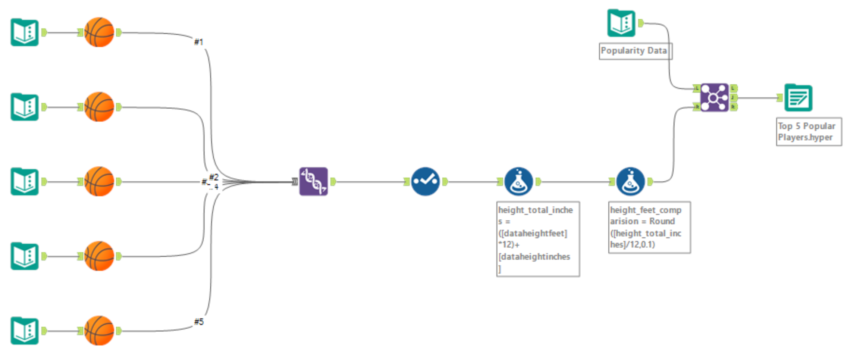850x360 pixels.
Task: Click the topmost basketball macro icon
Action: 99,32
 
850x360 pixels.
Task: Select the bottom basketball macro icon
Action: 99,331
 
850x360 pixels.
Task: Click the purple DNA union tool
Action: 313,181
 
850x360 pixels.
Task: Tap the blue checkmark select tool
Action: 425,181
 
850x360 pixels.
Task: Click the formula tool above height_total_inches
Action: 518,181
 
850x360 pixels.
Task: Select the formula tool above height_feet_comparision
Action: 630,181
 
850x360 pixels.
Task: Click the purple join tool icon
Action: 714,97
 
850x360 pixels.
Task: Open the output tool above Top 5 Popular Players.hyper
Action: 798,98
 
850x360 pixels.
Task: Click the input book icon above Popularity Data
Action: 621,23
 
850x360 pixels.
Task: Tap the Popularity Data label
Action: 634,51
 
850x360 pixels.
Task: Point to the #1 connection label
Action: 199,42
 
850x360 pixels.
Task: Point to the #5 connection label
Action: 199,322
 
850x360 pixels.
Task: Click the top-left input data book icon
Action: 25,32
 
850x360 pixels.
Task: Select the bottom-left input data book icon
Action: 25,331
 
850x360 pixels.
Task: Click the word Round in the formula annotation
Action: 662,221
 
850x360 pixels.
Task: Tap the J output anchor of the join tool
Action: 733,98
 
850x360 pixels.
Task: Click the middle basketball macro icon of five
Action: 99,181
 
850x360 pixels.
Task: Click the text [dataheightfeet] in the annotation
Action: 533,234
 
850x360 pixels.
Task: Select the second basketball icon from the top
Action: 99,107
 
